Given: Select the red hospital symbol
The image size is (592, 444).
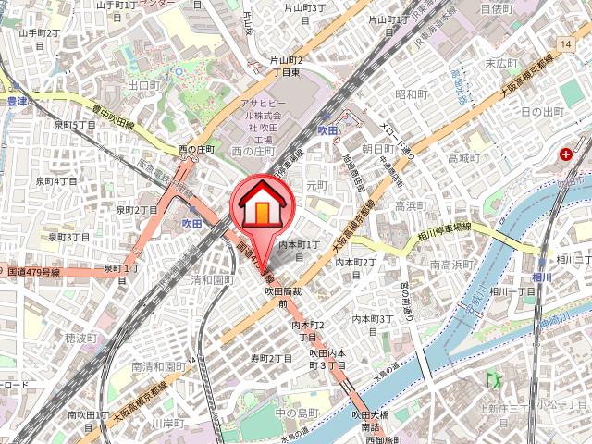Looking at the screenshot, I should pyautogui.click(x=565, y=156).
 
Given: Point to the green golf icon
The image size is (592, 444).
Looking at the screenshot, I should pyautogui.click(x=493, y=378).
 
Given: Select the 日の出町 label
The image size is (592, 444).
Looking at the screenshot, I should pyautogui.click(x=539, y=111).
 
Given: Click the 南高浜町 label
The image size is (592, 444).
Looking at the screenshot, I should pyautogui.click(x=450, y=265).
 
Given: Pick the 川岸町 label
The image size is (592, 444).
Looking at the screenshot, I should pyautogui.click(x=168, y=423).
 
